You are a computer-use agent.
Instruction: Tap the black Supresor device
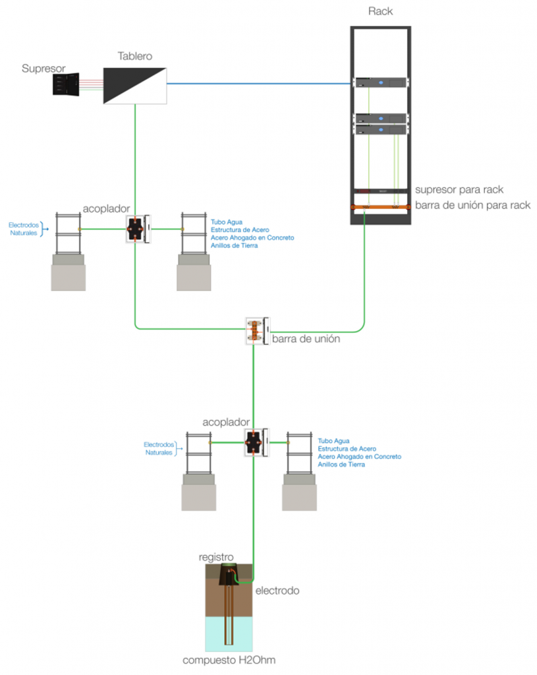point(66,84)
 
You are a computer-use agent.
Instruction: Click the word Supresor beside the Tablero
point(43,68)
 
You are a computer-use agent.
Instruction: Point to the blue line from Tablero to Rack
point(257,84)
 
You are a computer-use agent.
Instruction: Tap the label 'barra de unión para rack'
point(472,205)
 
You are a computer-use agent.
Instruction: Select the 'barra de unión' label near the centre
point(306,339)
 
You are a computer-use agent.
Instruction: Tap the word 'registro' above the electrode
point(216,557)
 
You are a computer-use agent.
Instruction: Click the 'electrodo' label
point(277,591)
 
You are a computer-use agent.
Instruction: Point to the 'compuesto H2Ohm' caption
point(229,660)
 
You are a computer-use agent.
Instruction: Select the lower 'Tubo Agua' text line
point(333,440)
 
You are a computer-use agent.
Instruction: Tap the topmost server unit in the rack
point(381,82)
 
